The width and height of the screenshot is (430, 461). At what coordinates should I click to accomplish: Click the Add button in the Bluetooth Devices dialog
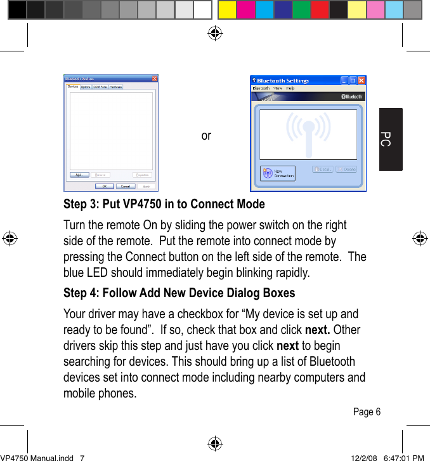78,175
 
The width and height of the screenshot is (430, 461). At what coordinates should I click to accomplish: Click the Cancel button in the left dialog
126,186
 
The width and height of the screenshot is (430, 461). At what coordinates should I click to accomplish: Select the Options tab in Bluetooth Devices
86,87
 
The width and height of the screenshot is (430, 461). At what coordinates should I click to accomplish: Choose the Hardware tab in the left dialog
116,87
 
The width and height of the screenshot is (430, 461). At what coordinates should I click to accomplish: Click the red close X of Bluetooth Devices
154,79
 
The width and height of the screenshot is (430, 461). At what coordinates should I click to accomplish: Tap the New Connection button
278,173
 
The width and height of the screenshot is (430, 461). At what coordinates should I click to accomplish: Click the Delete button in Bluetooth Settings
346,170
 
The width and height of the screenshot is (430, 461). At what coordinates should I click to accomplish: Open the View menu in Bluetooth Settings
277,88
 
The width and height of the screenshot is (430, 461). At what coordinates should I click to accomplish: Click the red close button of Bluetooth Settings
362,81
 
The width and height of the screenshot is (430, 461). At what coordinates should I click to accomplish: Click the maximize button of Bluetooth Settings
353,81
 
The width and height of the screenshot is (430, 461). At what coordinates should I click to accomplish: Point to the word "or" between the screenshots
206,135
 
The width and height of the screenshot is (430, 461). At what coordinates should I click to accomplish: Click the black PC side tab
391,139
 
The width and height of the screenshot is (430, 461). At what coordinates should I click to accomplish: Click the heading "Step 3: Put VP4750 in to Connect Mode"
164,204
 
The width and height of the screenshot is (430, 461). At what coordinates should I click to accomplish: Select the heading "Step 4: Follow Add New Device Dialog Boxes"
179,293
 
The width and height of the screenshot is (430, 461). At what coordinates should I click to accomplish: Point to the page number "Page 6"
367,412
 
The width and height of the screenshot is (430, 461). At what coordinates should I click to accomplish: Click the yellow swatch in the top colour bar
226,10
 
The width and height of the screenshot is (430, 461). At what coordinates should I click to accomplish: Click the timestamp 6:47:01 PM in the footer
405,457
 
